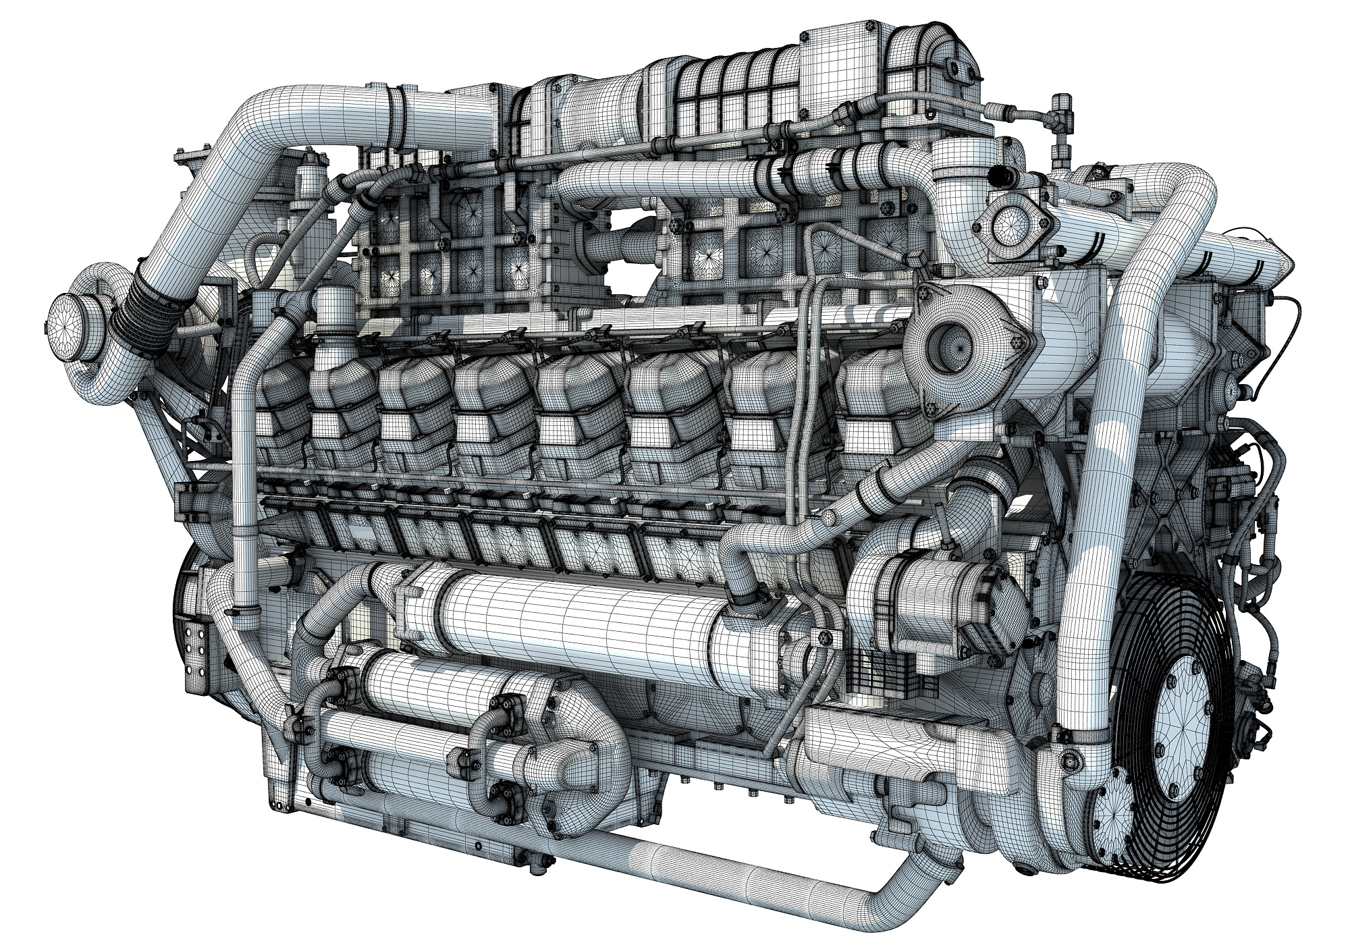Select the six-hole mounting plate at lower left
(196, 649)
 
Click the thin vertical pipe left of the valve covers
(243, 473)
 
